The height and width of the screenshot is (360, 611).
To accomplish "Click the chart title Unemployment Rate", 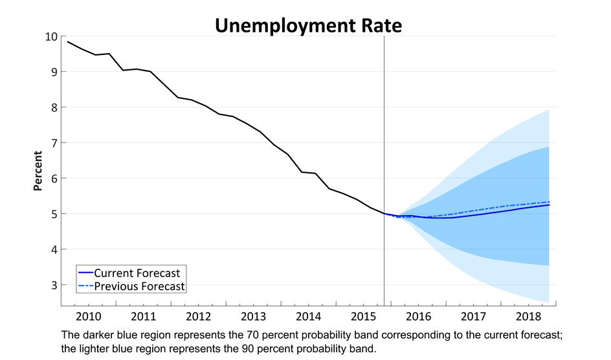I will coord(308,25).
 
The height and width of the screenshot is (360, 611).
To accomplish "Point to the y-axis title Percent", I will coord(38,171).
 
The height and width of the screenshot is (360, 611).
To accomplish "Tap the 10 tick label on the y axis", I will coord(50,36).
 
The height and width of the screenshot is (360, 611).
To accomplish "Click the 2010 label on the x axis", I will coord(89,317).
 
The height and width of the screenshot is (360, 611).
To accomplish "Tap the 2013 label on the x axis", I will coord(254,317).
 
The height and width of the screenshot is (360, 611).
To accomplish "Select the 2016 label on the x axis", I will coord(419,317).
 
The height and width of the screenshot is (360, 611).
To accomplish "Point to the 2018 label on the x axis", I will coord(529,317).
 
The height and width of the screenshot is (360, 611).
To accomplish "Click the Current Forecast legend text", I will coord(137,273).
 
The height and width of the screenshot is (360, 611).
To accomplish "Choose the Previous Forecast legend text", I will coord(140,286).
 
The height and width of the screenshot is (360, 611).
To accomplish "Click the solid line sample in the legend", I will coord(85,273).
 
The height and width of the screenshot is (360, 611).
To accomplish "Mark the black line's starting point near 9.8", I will coord(67,41).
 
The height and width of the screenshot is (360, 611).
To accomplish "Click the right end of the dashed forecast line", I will coord(550,202).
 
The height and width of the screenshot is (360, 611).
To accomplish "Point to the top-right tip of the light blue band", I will coord(550,109).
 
